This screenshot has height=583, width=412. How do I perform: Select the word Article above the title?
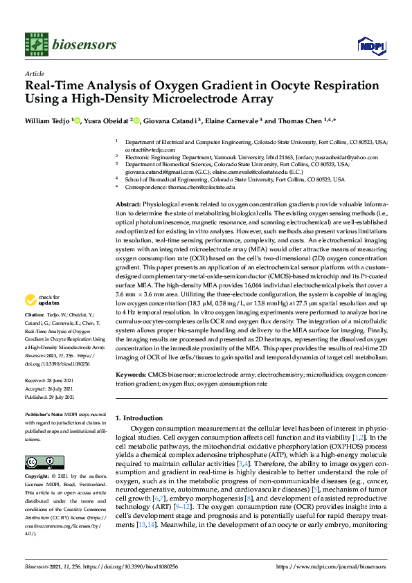pyautogui.click(x=34, y=73)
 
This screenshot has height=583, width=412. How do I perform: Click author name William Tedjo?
pyautogui.click(x=46, y=120)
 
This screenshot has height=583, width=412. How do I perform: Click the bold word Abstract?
pyautogui.click(x=127, y=205)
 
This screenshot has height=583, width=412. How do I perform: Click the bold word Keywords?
pyautogui.click(x=129, y=375)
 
